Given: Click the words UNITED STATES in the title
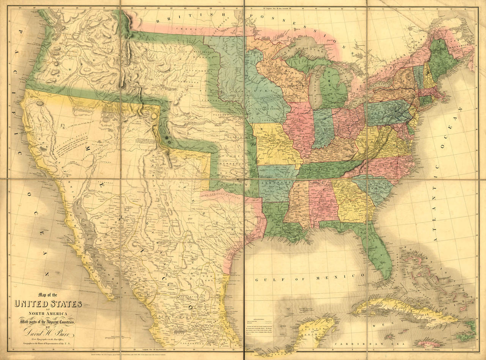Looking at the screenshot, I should pyautogui.click(x=48, y=304).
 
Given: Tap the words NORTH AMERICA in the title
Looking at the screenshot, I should pyautogui.click(x=48, y=313).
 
